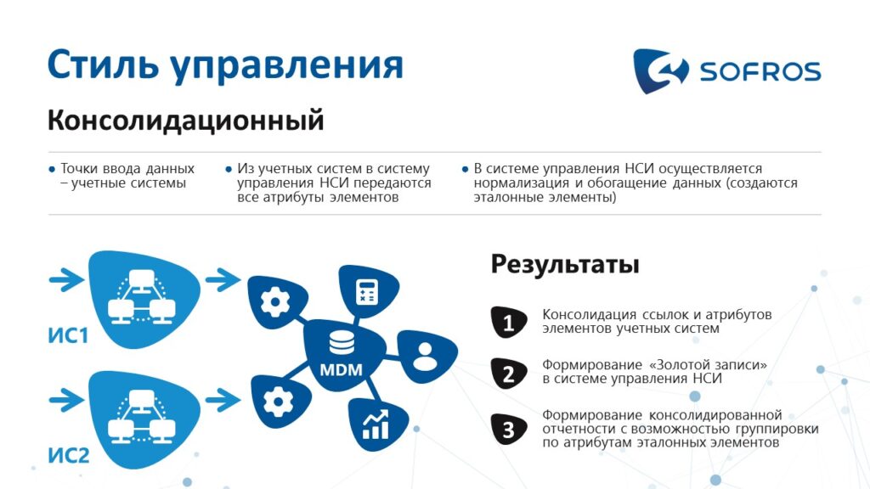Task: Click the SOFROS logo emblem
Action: (x=660, y=70)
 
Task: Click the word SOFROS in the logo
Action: (x=760, y=71)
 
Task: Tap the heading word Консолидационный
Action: (x=185, y=121)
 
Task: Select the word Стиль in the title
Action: (x=103, y=65)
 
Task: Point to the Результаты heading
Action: (x=565, y=265)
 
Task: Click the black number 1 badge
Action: (x=509, y=322)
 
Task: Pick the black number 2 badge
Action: (x=509, y=374)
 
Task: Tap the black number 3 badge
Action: (x=509, y=429)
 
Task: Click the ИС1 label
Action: (x=68, y=335)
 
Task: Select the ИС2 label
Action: (x=69, y=455)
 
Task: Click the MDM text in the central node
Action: (x=342, y=370)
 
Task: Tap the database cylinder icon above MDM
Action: (x=342, y=342)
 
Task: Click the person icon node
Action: (x=427, y=356)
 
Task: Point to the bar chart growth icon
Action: (x=375, y=425)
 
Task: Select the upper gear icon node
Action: (x=276, y=302)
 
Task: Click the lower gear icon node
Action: (x=279, y=401)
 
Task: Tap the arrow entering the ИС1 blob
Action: (x=66, y=279)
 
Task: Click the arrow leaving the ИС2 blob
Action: (x=223, y=401)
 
